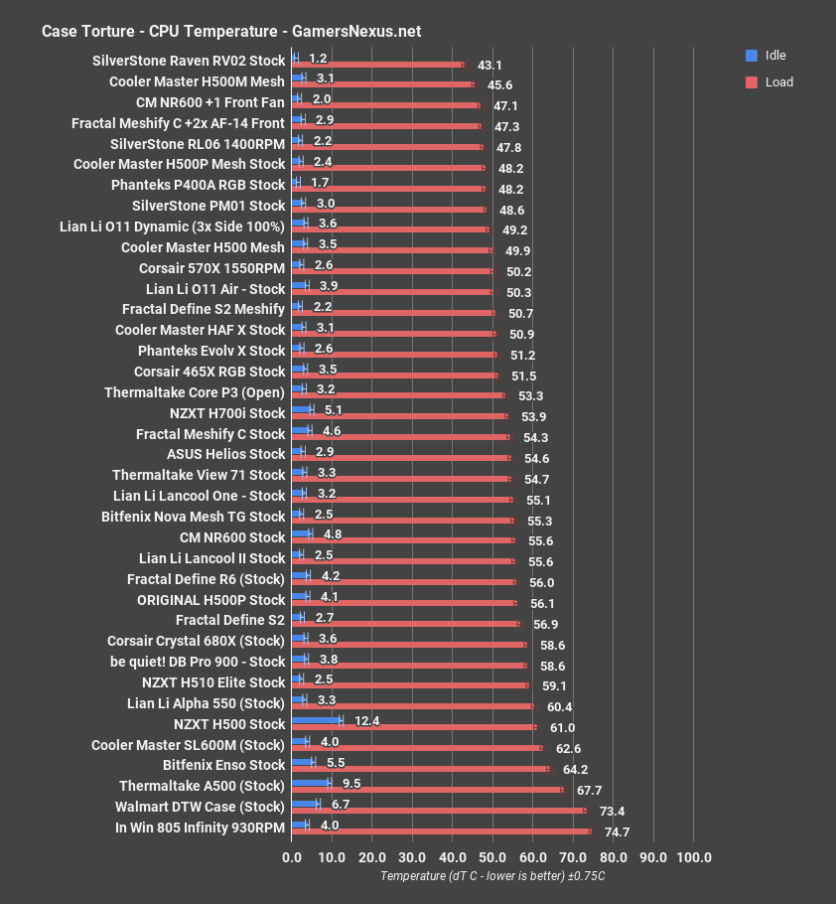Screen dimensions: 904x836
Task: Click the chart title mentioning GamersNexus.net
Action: (231, 31)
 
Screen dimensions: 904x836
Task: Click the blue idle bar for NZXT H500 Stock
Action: (317, 720)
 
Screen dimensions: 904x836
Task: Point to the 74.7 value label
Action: (616, 832)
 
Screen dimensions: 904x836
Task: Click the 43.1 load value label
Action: (489, 66)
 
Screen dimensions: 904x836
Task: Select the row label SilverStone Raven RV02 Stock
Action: (189, 61)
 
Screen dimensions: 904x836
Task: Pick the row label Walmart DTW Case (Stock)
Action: (201, 806)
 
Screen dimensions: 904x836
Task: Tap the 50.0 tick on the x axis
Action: (492, 857)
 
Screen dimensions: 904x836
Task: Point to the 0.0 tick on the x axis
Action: (292, 857)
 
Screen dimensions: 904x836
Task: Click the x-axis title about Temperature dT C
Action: (492, 876)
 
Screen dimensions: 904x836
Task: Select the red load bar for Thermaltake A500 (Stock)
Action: (427, 790)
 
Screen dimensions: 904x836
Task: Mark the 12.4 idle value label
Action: (365, 720)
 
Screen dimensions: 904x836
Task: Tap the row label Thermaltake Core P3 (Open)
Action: (195, 392)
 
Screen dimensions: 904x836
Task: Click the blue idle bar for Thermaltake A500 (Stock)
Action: (311, 783)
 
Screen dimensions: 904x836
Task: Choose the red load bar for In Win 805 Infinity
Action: (441, 831)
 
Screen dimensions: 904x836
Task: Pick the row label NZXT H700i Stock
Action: (227, 413)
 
